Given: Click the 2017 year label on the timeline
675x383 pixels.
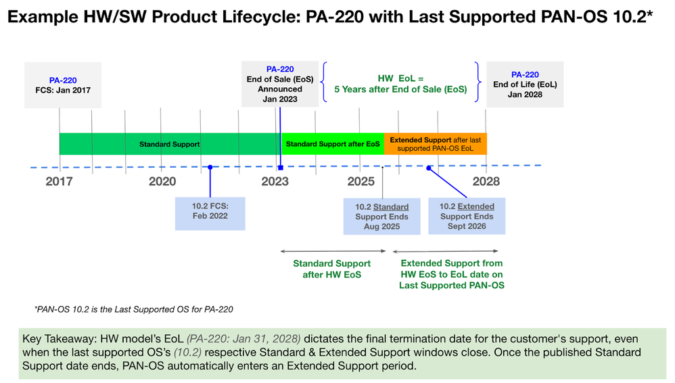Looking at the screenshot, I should click(x=59, y=181).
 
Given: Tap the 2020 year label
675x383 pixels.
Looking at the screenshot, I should click(x=162, y=181).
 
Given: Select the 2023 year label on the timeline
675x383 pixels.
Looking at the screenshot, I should click(x=275, y=181).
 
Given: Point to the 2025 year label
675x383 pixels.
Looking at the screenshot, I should click(x=360, y=181).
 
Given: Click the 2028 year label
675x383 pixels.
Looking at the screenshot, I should click(x=486, y=181).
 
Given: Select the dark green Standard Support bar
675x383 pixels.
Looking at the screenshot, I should click(x=169, y=144).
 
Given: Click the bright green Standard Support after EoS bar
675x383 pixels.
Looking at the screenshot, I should click(x=332, y=144).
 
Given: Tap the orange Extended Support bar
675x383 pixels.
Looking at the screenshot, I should click(x=435, y=144).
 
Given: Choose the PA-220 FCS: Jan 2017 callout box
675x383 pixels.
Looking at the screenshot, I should click(x=62, y=85).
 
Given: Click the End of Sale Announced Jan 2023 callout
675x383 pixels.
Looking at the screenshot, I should click(x=280, y=84).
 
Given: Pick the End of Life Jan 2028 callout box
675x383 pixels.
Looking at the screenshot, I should click(x=525, y=85).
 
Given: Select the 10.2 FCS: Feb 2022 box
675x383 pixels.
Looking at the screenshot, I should click(x=210, y=211).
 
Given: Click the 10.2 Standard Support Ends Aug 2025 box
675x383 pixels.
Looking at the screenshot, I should click(x=381, y=217).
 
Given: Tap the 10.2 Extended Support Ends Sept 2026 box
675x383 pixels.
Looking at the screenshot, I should click(x=467, y=217).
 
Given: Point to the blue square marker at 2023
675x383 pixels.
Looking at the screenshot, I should click(x=280, y=167).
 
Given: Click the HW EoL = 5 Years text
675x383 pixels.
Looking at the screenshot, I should click(x=400, y=84).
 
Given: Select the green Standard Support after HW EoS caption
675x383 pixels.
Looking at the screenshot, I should click(x=331, y=269).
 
